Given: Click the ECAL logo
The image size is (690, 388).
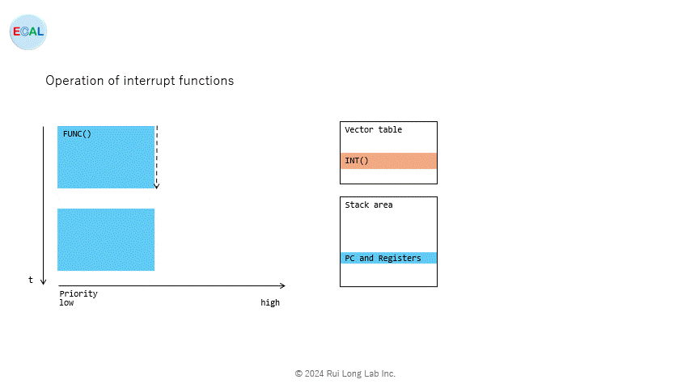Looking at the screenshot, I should (28, 32).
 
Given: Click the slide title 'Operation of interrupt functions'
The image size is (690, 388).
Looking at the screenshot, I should (139, 81).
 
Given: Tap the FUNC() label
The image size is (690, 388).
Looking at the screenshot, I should (77, 133).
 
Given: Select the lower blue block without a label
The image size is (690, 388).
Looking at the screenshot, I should (106, 239).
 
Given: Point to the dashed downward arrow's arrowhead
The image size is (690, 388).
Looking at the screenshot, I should (156, 186).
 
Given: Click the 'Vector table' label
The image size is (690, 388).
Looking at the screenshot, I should (373, 129).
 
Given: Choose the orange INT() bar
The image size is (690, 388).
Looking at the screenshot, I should (388, 161).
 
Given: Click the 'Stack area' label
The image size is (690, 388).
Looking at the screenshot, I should (368, 205).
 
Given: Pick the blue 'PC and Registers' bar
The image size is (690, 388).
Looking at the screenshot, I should (388, 258).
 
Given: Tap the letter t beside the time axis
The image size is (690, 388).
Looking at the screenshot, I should (31, 280).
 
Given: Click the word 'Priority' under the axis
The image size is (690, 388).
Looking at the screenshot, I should (78, 293).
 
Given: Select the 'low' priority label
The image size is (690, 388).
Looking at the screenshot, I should (67, 302).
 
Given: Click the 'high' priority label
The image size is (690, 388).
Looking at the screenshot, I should (270, 302).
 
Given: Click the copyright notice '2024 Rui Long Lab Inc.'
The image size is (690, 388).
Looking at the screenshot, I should (345, 373).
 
